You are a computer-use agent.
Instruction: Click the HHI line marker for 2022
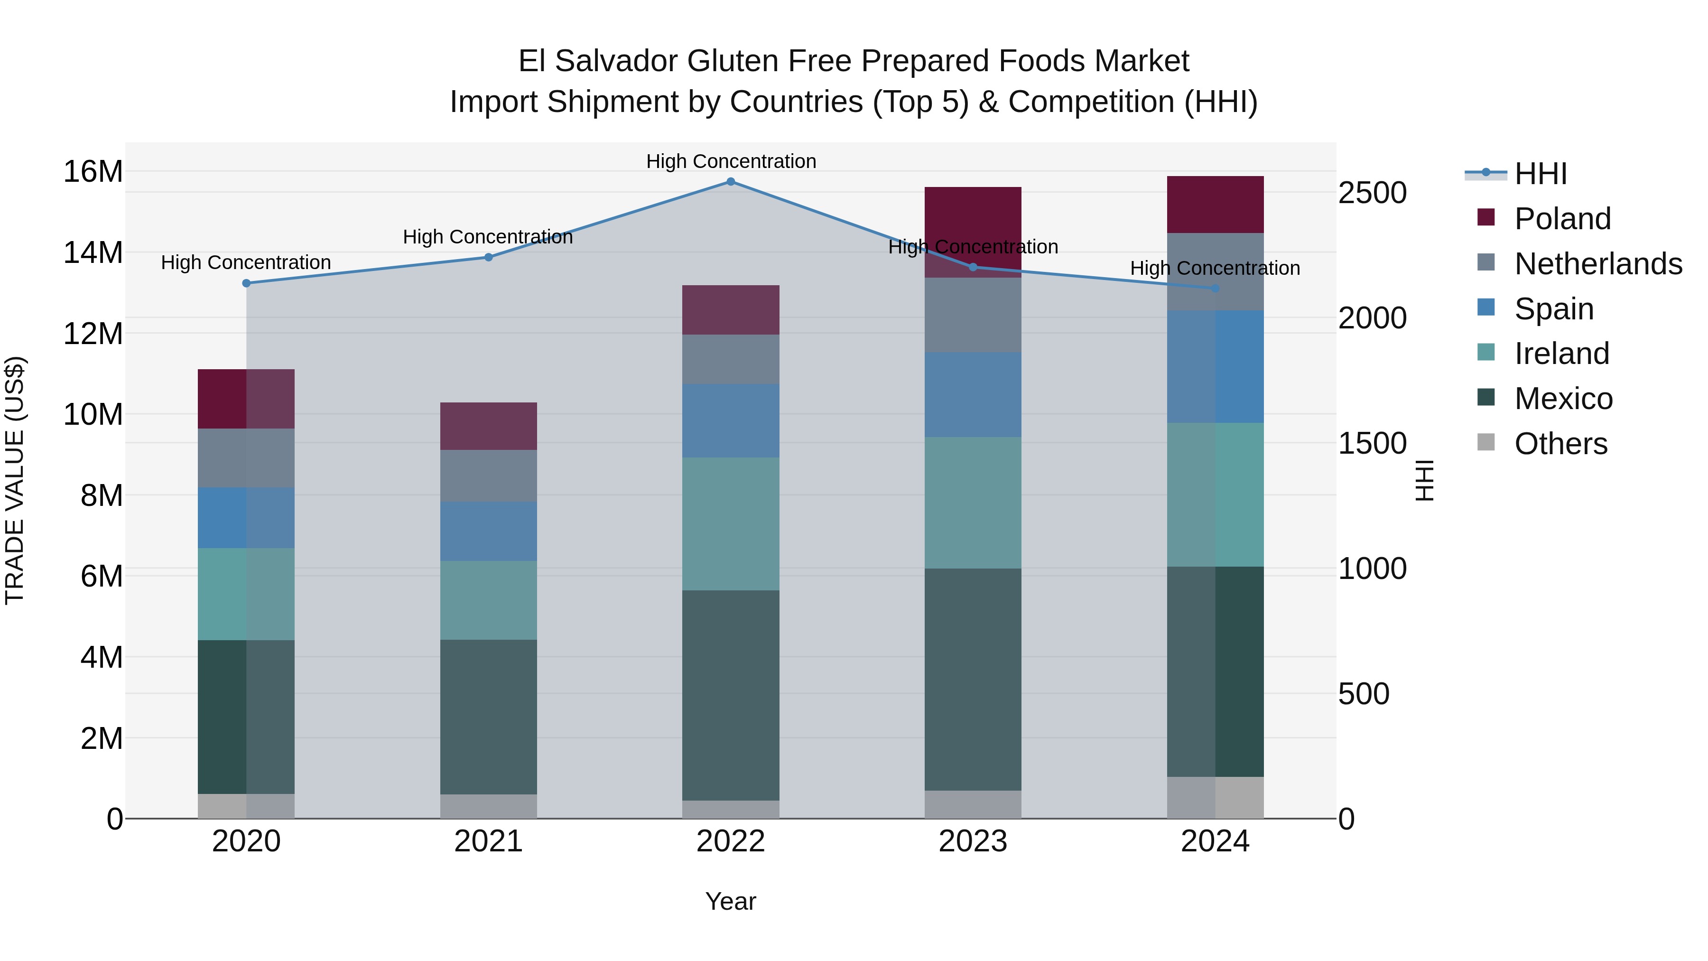coord(731,182)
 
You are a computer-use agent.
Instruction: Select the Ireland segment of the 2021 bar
coord(489,600)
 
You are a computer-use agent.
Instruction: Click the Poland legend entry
coord(1562,219)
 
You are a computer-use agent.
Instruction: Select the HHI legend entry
coord(1540,174)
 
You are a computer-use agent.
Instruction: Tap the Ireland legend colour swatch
coord(1486,352)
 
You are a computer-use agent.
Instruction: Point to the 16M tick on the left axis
coord(93,172)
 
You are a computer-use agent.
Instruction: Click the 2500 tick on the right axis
coord(1372,193)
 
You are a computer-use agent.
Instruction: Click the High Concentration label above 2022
coord(731,161)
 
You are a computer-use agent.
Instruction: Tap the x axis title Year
coord(731,901)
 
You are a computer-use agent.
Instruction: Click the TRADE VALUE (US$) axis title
coord(15,480)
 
